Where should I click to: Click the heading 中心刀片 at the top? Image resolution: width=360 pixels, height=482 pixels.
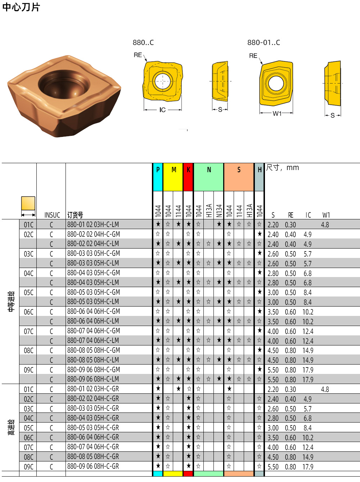tap(21, 7)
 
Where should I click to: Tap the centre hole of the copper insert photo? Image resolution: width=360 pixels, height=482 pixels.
tap(64, 85)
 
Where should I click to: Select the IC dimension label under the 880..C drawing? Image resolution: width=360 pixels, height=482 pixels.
tap(163, 110)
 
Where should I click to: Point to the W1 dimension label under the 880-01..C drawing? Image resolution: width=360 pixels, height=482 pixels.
tap(277, 113)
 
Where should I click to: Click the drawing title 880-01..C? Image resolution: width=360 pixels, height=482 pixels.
tap(264, 43)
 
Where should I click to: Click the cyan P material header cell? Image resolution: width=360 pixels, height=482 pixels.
tap(158, 177)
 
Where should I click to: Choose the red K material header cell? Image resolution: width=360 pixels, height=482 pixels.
tap(188, 177)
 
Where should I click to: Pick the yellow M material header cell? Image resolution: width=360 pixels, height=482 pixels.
tap(173, 177)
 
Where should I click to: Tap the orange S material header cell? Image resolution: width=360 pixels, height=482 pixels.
tap(239, 177)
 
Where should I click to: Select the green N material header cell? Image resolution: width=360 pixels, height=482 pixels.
tap(209, 177)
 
